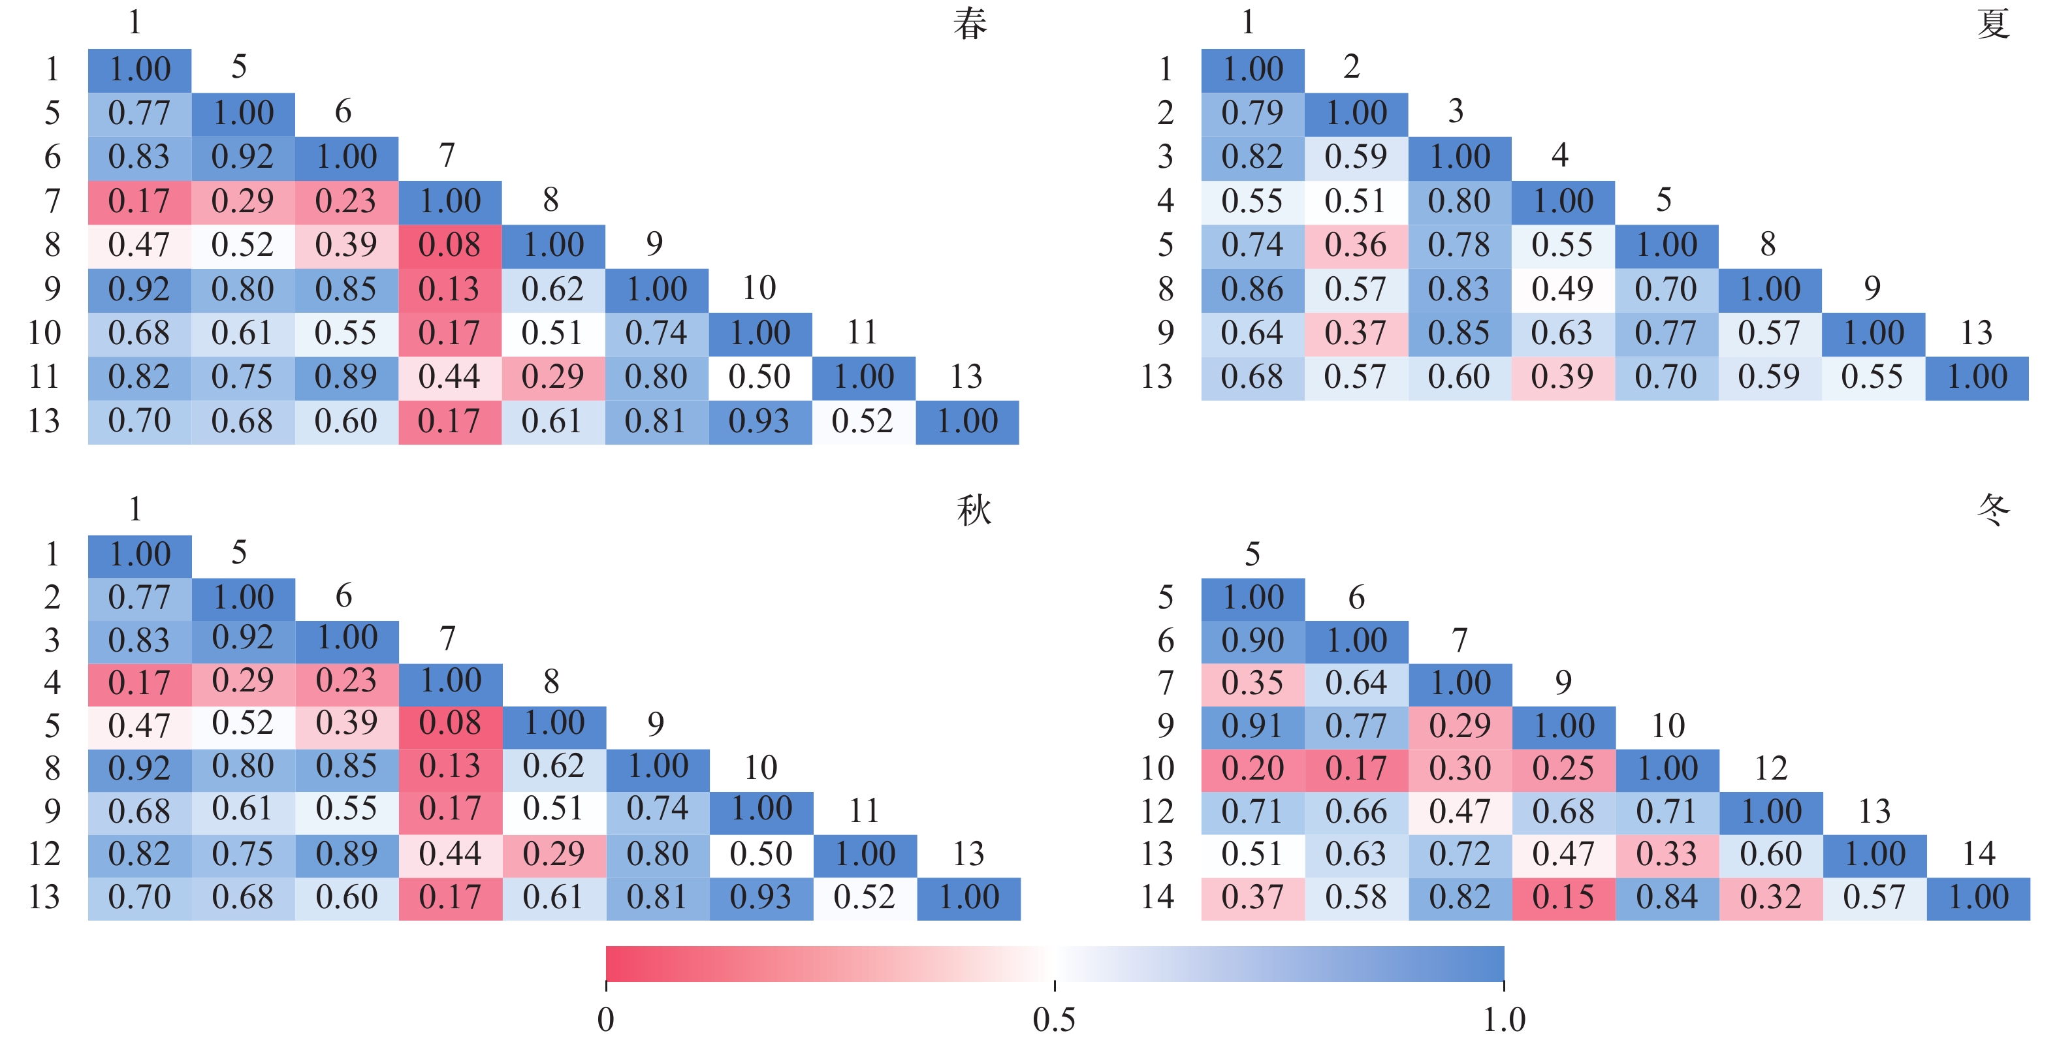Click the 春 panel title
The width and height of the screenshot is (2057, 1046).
pyautogui.click(x=970, y=24)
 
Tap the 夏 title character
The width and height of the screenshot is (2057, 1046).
pyautogui.click(x=1992, y=24)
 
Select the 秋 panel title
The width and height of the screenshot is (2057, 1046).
pyautogui.click(x=974, y=510)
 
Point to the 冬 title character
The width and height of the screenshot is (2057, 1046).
pyautogui.click(x=1992, y=510)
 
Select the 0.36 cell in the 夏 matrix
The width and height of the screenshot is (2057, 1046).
pyautogui.click(x=1356, y=245)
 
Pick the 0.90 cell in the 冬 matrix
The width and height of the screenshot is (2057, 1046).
pyautogui.click(x=1252, y=641)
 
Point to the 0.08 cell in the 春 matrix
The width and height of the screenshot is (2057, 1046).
pyautogui.click(x=449, y=245)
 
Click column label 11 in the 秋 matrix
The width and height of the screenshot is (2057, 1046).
pyautogui.click(x=864, y=811)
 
